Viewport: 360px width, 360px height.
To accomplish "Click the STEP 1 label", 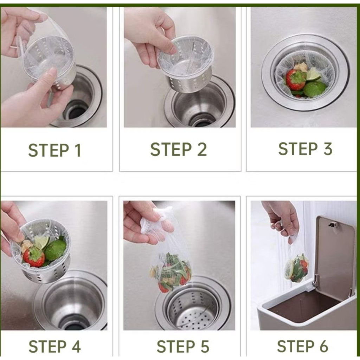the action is coord(54,150).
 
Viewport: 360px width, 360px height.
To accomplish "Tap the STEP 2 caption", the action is coord(178,149).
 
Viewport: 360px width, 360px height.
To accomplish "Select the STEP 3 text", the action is coord(305,149).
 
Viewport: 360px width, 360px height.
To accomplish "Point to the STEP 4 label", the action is coord(54,346).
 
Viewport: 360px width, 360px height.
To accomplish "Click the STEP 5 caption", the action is coord(183,346).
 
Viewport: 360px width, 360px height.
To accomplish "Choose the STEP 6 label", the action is coord(302,346).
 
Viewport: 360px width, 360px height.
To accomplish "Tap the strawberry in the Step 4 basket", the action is coord(34,256).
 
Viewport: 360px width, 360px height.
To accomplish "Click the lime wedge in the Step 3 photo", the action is coord(314,74).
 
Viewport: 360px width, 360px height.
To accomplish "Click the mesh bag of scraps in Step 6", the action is coord(296,268).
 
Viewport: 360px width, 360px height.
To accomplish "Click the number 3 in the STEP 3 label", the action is coord(328,149).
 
